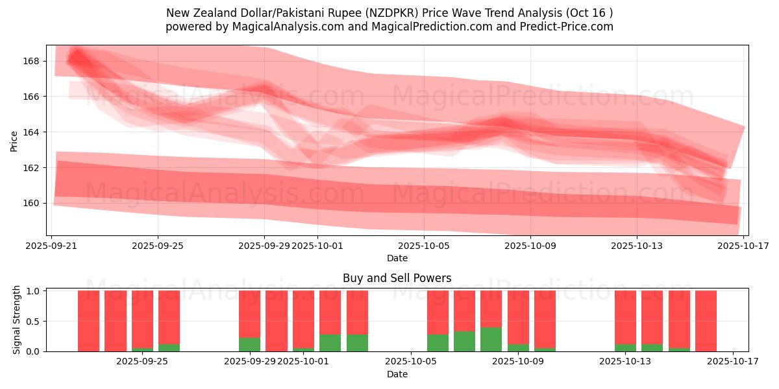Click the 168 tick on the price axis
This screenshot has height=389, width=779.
pos(31,61)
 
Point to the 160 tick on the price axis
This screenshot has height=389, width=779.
pos(31,203)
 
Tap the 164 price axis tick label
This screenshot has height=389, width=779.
pos(31,132)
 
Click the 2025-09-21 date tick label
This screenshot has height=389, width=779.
pos(51,246)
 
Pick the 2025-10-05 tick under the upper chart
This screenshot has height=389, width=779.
pos(424,246)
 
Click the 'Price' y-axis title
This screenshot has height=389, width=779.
pos(14,140)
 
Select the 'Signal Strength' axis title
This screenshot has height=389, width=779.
pos(17,320)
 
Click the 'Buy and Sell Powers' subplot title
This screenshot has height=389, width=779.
pos(397,278)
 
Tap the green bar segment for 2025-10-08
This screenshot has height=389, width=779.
pos(491,339)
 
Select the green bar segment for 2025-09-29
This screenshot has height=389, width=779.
pos(249,344)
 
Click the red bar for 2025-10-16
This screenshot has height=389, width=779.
pos(706,321)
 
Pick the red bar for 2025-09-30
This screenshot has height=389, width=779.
pos(276,321)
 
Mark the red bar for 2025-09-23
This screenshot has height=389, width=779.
pos(116,321)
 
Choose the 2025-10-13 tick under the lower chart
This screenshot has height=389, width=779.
pos(625,362)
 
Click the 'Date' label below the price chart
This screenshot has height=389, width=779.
pos(397,258)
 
